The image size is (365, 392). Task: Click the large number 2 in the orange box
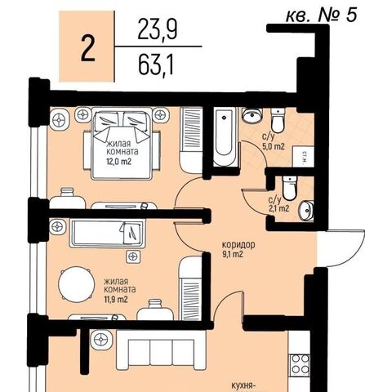[x=88, y=49]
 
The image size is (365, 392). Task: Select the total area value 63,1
[x=156, y=65]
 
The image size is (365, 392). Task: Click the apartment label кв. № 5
[x=321, y=16]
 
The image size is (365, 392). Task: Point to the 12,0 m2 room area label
[x=118, y=162]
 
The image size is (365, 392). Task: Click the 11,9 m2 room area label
[x=116, y=300]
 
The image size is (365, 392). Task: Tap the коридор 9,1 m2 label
[x=238, y=249]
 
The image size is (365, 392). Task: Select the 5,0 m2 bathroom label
[x=274, y=147]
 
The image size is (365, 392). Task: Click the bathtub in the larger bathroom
[x=225, y=136]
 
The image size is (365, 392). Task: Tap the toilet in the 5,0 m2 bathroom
[x=278, y=120]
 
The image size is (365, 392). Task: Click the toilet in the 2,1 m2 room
[x=289, y=188]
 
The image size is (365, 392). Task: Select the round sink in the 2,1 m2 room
[x=306, y=210]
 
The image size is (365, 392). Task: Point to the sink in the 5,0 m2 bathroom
[x=252, y=116]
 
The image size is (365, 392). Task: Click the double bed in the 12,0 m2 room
[x=122, y=144]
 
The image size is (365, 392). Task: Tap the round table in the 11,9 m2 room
[x=77, y=284]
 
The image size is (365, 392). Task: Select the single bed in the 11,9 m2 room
[x=107, y=233]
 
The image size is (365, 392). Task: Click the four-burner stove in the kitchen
[x=300, y=365]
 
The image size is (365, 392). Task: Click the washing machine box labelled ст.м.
[x=303, y=157]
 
